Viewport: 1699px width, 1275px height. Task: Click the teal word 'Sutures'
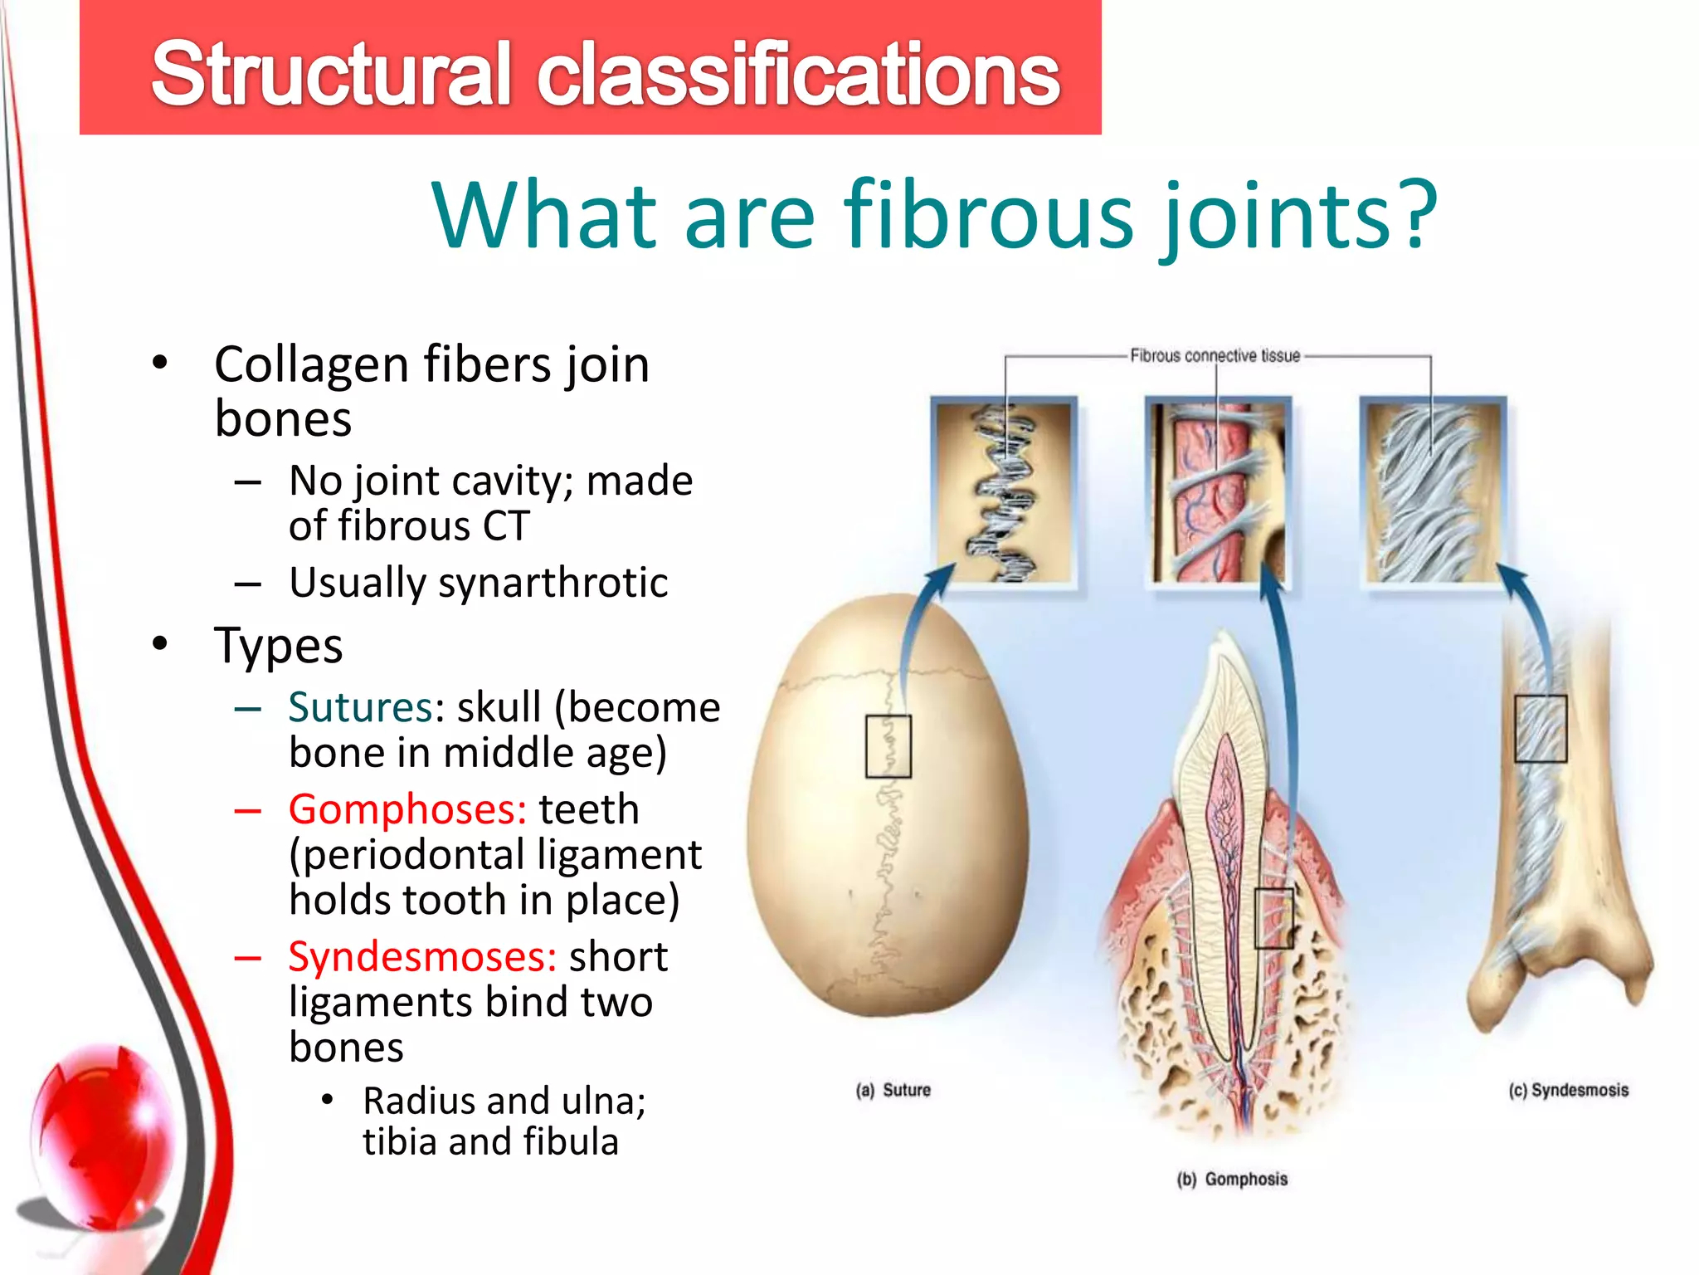click(360, 708)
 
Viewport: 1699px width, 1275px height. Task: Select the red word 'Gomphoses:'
click(407, 809)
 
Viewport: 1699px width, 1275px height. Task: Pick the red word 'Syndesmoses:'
click(421, 957)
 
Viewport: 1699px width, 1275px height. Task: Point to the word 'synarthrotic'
click(553, 583)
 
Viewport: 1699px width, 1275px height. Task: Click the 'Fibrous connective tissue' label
click(1215, 356)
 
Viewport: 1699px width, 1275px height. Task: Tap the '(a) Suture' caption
click(893, 1090)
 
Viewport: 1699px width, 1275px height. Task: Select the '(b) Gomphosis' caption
click(1232, 1179)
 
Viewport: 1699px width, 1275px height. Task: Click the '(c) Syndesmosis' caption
click(1568, 1090)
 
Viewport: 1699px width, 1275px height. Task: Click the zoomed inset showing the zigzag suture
click(1004, 492)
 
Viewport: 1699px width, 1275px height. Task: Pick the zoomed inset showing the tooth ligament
click(1217, 492)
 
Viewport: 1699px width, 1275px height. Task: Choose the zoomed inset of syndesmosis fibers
click(1433, 492)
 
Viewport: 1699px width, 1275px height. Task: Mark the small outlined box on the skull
click(888, 745)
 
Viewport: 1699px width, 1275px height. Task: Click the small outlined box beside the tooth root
click(1273, 918)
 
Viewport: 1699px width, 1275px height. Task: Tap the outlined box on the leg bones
click(1540, 728)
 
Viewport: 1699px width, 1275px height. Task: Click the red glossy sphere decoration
click(100, 1137)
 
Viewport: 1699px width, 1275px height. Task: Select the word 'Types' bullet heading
click(278, 646)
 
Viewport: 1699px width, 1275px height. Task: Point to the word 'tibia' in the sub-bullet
click(400, 1142)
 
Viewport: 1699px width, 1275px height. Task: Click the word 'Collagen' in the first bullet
click(311, 365)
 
